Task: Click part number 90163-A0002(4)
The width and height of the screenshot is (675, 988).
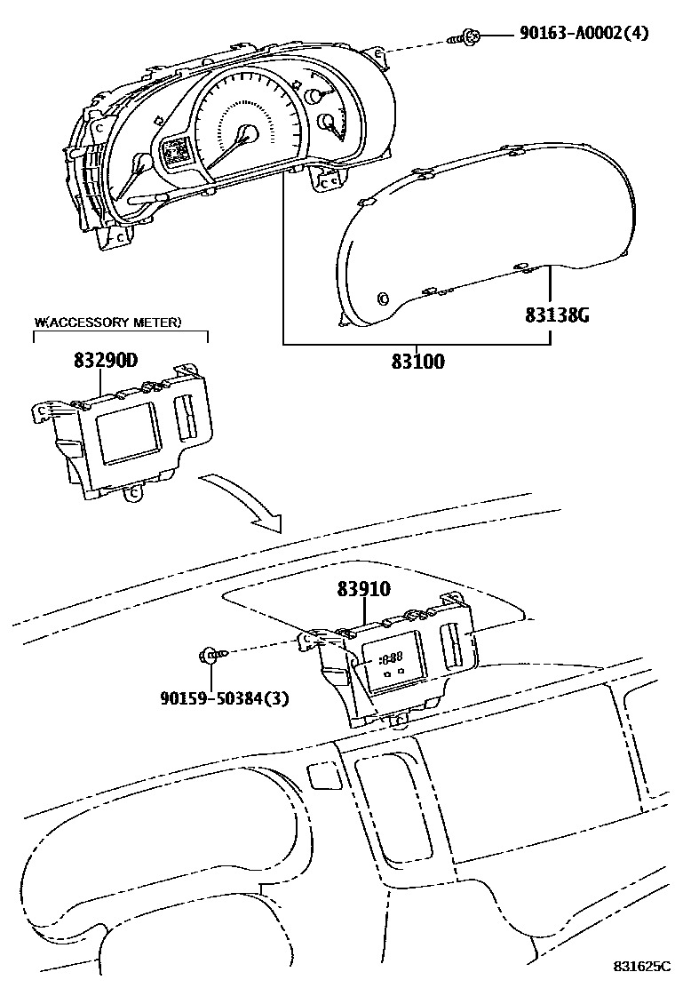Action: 584,34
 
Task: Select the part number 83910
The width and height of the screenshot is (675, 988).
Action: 363,589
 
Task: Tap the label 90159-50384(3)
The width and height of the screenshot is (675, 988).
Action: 225,697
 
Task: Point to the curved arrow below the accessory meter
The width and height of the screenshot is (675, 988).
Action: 241,502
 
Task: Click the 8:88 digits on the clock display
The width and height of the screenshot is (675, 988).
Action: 389,659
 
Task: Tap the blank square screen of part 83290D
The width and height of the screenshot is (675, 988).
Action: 128,434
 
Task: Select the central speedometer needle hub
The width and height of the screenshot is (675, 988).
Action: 248,133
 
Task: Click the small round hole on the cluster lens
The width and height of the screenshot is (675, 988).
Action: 383,298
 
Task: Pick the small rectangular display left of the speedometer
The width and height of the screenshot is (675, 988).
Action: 176,152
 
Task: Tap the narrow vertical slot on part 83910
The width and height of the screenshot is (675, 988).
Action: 450,645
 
